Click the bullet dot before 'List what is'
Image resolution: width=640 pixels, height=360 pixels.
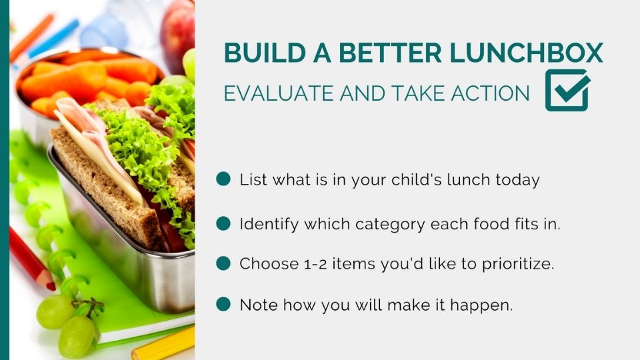223,179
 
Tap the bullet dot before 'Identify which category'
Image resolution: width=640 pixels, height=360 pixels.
223,223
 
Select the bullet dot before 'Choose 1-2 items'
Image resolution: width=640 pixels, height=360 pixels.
223,263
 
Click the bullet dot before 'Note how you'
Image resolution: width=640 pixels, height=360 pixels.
223,305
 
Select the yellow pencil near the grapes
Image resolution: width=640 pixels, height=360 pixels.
163,344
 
